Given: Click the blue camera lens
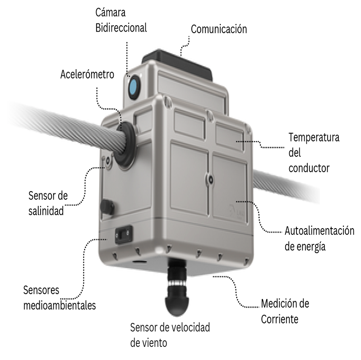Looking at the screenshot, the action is tap(134, 87).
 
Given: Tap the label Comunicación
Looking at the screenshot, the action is tap(219, 29).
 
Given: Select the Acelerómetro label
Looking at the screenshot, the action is tap(87, 74).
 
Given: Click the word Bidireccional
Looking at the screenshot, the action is tap(121, 28).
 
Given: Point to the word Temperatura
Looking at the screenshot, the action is tap(314, 138).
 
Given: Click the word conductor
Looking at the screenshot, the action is tap(309, 168).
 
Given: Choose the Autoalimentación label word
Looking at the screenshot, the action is tap(319, 231).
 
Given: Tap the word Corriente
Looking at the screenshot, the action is tap(279, 319).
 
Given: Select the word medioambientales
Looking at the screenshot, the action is tap(60, 305).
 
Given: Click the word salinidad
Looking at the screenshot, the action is tap(46, 210).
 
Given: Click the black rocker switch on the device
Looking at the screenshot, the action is tap(124, 234).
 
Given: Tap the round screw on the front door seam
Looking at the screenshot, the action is tap(210, 179).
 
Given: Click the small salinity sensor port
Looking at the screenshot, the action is tap(108, 161).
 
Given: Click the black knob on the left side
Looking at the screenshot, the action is tap(107, 206).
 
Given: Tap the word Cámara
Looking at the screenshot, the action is tap(111, 12).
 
